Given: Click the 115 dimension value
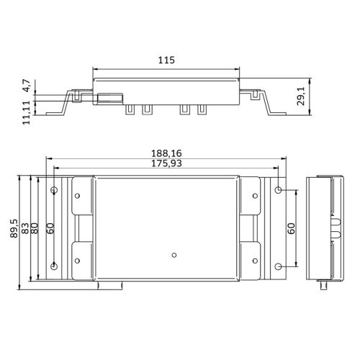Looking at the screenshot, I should coord(167,61).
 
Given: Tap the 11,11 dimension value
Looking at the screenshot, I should coord(27,114).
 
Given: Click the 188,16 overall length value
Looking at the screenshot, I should coord(166,153).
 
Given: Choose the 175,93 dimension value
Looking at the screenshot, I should coord(166,164).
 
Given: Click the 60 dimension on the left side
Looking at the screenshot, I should coord(50,228).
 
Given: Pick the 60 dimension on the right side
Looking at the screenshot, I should coord(292,228).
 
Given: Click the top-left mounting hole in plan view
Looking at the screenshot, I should coord(55,191).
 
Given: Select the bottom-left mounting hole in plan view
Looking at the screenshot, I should coord(55,266).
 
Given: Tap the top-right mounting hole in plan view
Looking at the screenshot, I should coord(279,191).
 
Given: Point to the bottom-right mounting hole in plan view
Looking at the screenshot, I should coord(279,266).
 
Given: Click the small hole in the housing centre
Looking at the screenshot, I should coord(174,254).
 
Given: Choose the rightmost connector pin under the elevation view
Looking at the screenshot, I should coord(202,109).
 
